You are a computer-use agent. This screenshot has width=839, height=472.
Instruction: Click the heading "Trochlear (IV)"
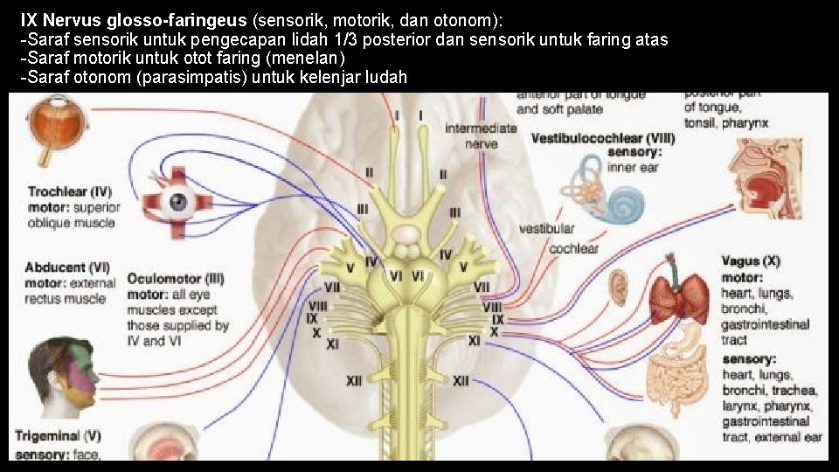point(70,191)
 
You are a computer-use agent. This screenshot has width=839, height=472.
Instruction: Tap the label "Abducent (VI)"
point(67,267)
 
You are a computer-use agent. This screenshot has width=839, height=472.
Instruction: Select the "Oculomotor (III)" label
point(176,279)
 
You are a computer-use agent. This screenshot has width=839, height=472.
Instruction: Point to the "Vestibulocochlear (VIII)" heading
point(603,138)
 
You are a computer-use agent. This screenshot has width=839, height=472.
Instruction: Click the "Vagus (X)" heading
point(751,261)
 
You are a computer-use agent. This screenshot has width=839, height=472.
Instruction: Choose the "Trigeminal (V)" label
point(58,435)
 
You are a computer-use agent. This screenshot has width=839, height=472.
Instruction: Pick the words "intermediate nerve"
point(482,135)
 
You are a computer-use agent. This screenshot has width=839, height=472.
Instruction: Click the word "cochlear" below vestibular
point(573,248)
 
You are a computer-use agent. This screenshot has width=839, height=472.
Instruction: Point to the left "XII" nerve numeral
point(355,381)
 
